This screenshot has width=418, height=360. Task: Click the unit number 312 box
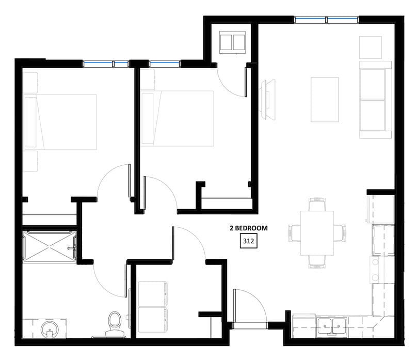pos(248,241)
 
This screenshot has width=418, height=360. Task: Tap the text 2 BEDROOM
pos(249,228)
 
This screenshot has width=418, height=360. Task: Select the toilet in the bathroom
pos(115,324)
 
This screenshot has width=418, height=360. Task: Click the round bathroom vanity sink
pos(50,329)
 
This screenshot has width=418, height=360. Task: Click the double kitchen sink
pos(332,326)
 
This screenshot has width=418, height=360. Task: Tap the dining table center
pos(317,233)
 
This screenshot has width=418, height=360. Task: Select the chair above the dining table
pos(317,204)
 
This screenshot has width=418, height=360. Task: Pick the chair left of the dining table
pos(295,233)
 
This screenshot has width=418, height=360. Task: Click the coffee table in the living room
pos(325,100)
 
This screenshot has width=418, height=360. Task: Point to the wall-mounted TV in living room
pos(267,100)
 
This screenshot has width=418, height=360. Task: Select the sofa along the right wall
pos(375,100)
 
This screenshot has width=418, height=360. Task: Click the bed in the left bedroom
pos(60,122)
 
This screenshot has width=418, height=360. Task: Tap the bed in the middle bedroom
pos(178,118)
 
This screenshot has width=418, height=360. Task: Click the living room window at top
pos(327,20)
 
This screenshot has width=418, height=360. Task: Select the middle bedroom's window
pos(165,64)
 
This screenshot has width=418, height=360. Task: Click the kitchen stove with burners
pos(381,270)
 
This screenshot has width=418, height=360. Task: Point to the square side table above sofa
pos(371,48)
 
